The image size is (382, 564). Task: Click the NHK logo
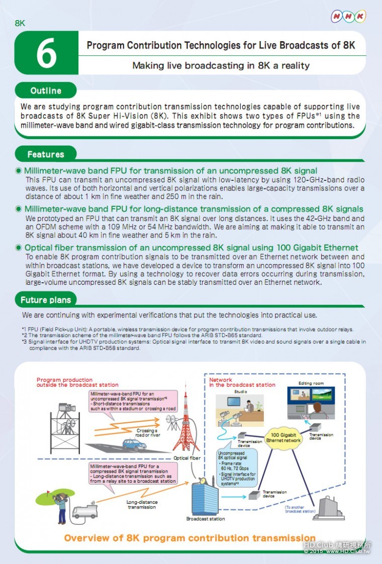point(348,17)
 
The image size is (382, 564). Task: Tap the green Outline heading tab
point(46,91)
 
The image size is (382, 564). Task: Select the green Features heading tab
point(46,154)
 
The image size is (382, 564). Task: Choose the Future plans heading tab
point(46,300)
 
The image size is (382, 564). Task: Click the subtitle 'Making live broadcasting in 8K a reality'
point(221,65)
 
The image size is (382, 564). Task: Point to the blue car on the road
point(134,444)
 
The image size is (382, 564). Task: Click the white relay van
point(84,511)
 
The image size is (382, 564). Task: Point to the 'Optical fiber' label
point(188,458)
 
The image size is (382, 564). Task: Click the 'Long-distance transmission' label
point(142,504)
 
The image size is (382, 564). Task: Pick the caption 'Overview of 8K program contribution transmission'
point(190,538)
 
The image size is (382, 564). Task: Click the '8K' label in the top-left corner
point(20,23)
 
